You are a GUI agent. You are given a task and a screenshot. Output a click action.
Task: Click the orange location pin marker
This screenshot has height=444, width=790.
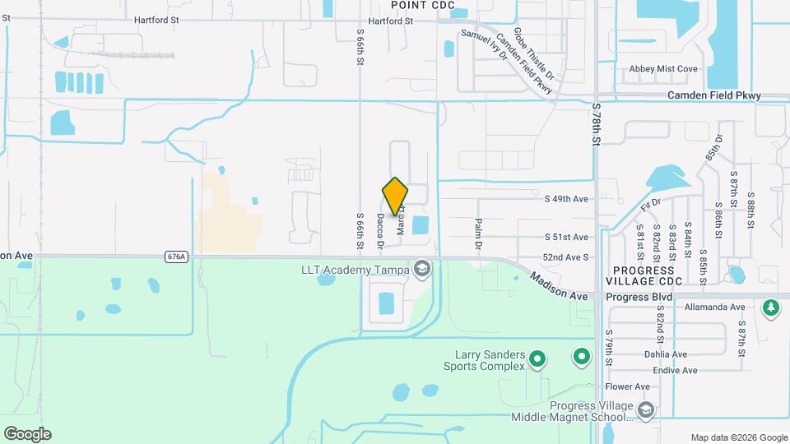pos(396,197)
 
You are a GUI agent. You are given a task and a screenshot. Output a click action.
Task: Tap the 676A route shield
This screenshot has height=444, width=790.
pos(176,257)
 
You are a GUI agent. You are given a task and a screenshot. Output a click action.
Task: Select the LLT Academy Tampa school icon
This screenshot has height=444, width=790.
pos(422,270)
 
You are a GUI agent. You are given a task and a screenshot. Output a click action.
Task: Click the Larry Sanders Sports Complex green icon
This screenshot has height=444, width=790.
pos(537,358)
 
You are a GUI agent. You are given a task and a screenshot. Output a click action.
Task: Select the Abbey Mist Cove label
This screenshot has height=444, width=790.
pos(663,70)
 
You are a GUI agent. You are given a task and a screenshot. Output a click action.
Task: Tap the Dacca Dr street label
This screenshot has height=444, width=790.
pos(381,231)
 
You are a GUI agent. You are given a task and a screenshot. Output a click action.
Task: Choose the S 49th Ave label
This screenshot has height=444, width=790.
pos(566,199)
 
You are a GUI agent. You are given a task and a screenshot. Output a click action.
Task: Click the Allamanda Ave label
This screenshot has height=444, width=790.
pos(714,308)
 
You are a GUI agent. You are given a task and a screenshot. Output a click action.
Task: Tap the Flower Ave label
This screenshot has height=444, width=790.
pos(628,386)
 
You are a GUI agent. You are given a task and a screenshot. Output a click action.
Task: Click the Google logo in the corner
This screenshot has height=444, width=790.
pos(27,434)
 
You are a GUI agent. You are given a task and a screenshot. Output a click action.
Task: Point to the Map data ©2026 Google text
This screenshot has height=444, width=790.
pos(739,437)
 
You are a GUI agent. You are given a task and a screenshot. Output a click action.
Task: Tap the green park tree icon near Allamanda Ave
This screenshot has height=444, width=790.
pos(771,308)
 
